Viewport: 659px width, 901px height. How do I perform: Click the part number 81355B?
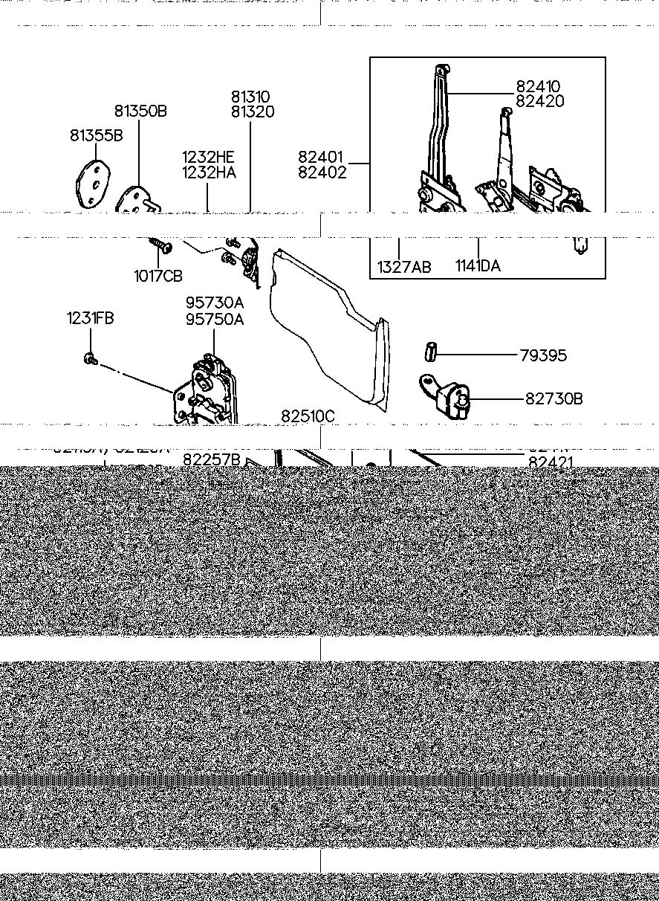coord(96,135)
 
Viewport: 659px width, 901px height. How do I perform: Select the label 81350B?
coord(140,112)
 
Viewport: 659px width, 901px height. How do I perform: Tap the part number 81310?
coord(250,97)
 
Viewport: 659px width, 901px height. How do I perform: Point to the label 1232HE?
coord(208,158)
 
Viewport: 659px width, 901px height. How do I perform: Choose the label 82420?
coord(540,102)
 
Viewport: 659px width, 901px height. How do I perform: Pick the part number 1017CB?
coord(158,276)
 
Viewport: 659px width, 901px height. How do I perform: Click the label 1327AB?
coord(403,267)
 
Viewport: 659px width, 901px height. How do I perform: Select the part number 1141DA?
coord(478,267)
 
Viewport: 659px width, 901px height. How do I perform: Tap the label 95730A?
coord(215,303)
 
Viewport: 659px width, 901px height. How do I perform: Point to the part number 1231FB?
coord(90,318)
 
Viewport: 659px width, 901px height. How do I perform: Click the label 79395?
coord(542,355)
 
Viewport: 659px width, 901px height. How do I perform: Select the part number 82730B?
coord(554,398)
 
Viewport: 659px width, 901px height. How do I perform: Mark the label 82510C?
coord(308,416)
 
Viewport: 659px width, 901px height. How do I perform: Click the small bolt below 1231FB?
coord(90,359)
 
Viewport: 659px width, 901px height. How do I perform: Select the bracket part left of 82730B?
coord(446,394)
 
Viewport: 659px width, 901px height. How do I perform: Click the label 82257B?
coord(212,460)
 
